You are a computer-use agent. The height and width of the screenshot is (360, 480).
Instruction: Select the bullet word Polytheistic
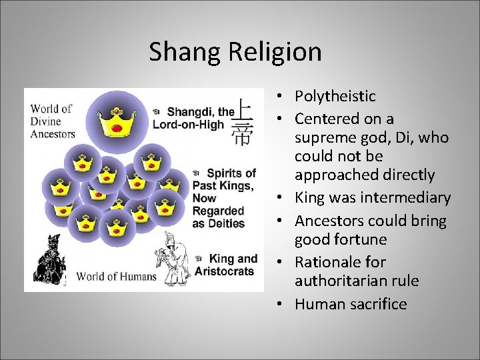click(x=335, y=96)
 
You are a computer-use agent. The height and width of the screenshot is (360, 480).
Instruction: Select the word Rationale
click(x=331, y=262)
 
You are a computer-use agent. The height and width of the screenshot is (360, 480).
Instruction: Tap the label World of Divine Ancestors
click(x=52, y=121)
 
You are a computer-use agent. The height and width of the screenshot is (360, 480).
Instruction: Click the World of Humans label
click(x=117, y=277)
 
